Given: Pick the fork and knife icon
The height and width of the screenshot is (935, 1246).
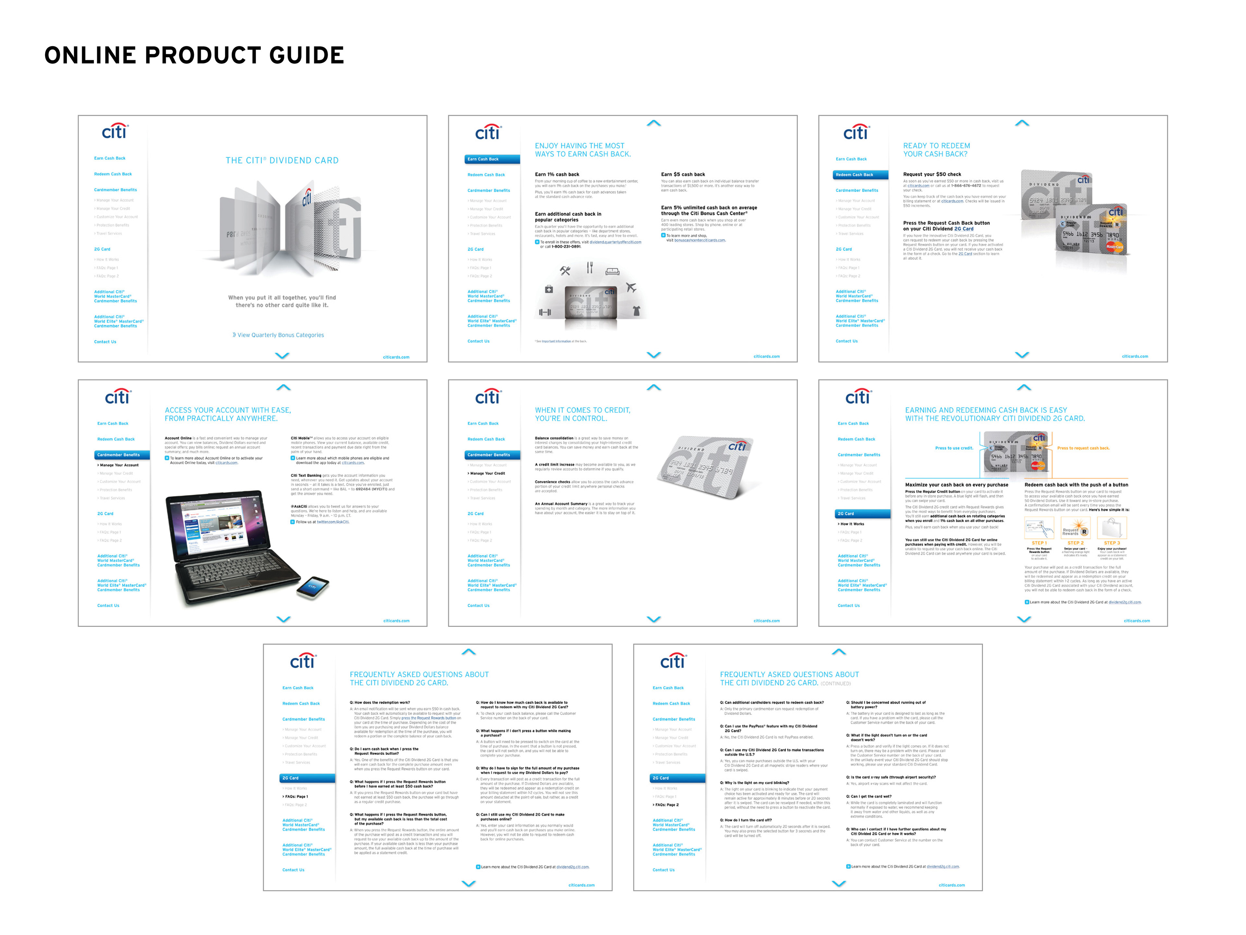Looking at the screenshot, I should [590, 268].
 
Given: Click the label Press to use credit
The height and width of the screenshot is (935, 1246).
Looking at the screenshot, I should [954, 448].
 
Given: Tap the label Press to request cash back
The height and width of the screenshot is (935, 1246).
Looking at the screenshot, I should [1083, 448].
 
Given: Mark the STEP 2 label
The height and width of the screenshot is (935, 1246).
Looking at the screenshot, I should [1075, 543].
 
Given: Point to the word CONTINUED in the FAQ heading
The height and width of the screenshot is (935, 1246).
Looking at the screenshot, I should [835, 684].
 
